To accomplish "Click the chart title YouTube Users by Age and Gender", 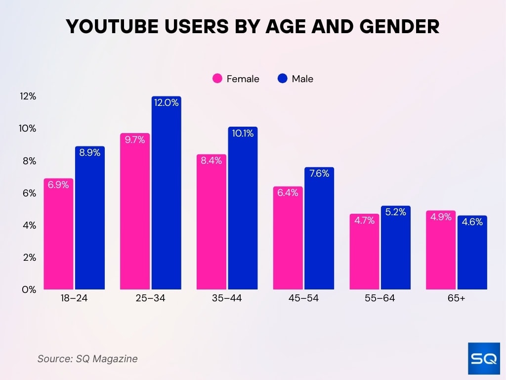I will (x=253, y=27).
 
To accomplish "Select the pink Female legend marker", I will (x=217, y=79).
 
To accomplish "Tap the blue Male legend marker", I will (x=283, y=79).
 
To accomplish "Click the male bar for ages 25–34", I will (x=167, y=198).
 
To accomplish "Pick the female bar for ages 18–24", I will (x=58, y=237).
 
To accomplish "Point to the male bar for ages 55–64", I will (x=395, y=250).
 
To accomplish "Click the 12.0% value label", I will (x=167, y=103).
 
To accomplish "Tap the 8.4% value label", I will (x=211, y=161).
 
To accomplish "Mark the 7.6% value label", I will (x=319, y=174).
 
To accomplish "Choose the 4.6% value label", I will (x=472, y=222).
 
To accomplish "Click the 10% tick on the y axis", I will (x=28, y=129).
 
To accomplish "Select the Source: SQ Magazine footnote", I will (x=87, y=359).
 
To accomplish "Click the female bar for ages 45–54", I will (x=288, y=240).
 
